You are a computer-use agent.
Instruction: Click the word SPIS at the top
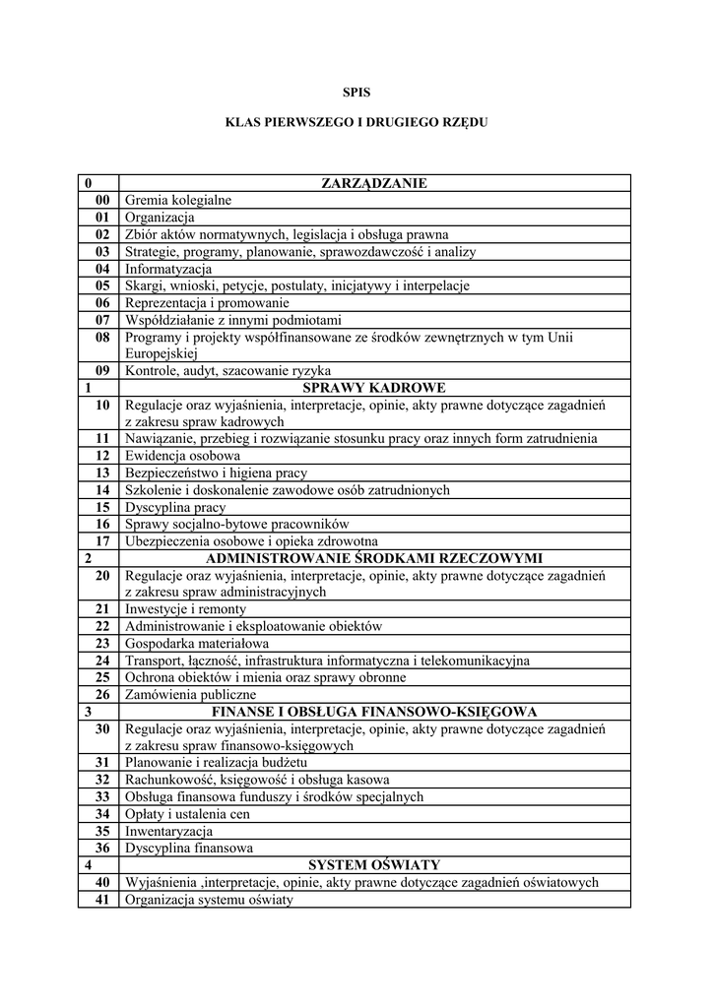pos(356,92)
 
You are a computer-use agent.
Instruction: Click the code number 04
pos(102,269)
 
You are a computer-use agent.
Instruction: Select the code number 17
pos(102,540)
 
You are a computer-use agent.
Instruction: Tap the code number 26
pos(102,694)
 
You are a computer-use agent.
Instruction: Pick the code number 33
pos(102,796)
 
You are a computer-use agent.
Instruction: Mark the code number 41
pos(102,899)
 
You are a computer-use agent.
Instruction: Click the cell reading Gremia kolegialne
pos(178,200)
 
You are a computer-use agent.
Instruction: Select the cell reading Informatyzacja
pos(168,269)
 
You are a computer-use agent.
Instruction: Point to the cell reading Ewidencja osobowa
pos(182,456)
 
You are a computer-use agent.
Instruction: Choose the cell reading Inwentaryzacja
pos(168,830)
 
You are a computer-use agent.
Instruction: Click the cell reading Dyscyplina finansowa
pos(189,848)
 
